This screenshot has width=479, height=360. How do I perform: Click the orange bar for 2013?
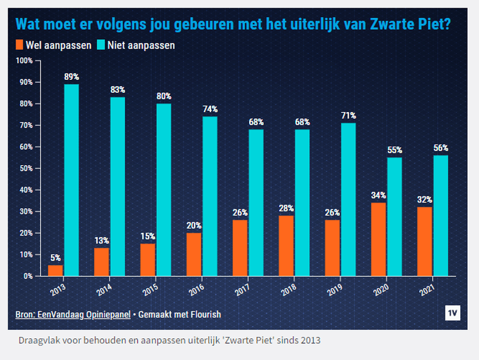point(56,270)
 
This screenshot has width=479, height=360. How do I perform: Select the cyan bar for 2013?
point(71,180)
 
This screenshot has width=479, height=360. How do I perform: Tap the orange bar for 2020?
point(379,239)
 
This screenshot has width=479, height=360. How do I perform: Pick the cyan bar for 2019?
point(348,199)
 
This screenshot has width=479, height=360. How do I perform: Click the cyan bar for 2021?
point(441,215)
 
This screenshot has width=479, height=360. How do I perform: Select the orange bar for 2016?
point(194,254)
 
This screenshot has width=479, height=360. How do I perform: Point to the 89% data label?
point(71,77)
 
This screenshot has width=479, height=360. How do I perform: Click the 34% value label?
point(379,195)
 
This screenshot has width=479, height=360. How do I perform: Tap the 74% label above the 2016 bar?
point(210,109)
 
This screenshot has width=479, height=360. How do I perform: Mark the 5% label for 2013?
point(56,257)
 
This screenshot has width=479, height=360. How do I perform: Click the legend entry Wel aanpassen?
point(53,45)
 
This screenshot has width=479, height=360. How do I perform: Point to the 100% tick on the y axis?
point(25,60)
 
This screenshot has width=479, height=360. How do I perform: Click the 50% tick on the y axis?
point(26,168)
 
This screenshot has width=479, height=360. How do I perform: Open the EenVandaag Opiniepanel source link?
point(73,314)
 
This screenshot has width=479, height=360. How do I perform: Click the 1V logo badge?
point(453,314)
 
